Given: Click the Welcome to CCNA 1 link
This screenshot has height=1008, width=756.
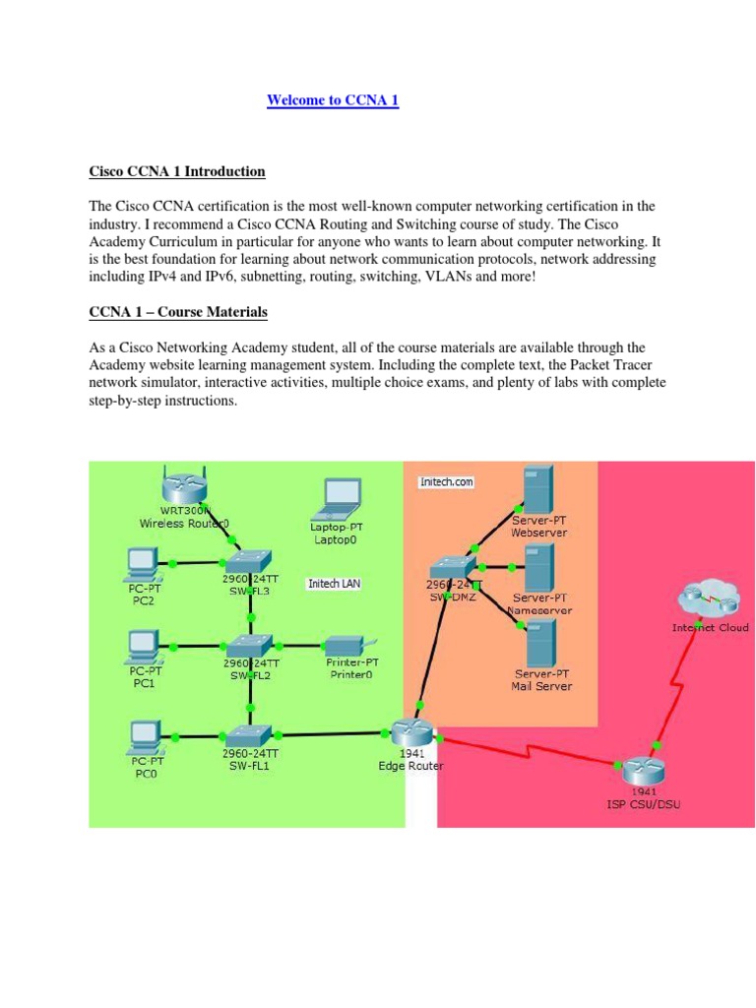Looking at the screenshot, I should (333, 100).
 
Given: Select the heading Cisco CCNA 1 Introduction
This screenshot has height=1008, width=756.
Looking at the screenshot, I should (177, 171).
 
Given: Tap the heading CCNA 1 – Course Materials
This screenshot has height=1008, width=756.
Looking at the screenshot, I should (178, 312).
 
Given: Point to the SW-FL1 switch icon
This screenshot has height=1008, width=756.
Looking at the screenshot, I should (251, 734).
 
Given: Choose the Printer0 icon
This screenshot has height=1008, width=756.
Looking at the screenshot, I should (349, 647).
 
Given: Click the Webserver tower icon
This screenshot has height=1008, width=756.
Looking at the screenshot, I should (537, 489).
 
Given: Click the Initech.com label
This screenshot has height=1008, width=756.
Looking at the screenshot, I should (446, 481).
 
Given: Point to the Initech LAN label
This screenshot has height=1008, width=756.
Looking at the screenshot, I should (334, 584).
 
